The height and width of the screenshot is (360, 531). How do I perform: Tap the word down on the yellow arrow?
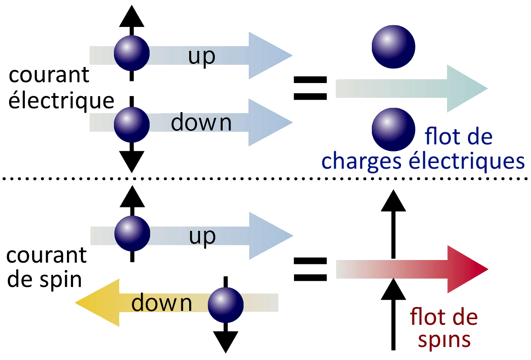162,303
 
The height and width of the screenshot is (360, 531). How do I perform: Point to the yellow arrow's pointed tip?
78,303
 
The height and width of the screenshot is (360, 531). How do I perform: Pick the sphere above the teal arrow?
394,47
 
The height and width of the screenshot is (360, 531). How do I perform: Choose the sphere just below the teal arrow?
394,130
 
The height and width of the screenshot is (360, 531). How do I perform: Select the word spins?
444,340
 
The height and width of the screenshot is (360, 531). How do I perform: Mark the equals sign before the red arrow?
310,269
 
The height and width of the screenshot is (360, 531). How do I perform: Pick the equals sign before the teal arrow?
310,88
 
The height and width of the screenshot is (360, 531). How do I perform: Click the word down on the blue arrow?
201,123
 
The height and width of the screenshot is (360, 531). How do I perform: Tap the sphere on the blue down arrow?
132,123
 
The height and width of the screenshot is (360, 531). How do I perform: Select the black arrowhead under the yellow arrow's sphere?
225,341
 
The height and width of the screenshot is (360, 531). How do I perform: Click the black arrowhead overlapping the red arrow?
393,289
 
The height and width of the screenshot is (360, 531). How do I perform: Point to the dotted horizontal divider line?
265,178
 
